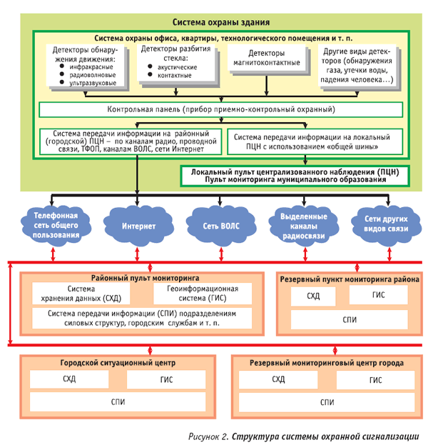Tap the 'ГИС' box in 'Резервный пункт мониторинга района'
[378, 294]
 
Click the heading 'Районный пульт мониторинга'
[145, 276]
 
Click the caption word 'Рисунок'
[207, 435]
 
